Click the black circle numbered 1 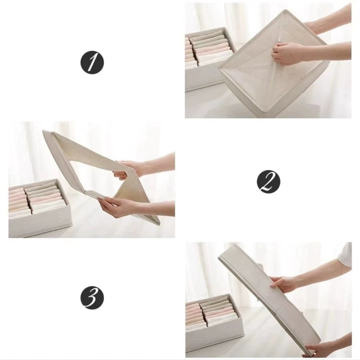[x=92, y=62]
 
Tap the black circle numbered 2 [x=268, y=182]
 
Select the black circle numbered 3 [x=92, y=298]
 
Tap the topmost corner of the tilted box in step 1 [x=285, y=10]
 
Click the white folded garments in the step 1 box [x=211, y=59]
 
